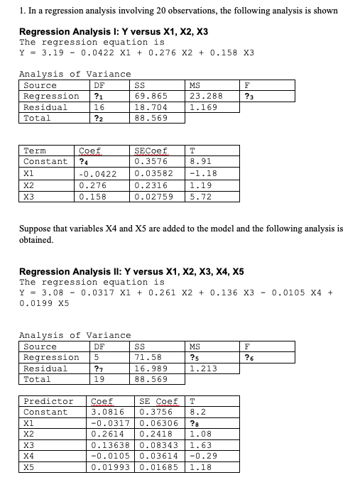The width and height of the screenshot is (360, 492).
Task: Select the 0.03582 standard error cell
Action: point(153,173)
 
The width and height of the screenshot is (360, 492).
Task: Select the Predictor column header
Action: point(48,402)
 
